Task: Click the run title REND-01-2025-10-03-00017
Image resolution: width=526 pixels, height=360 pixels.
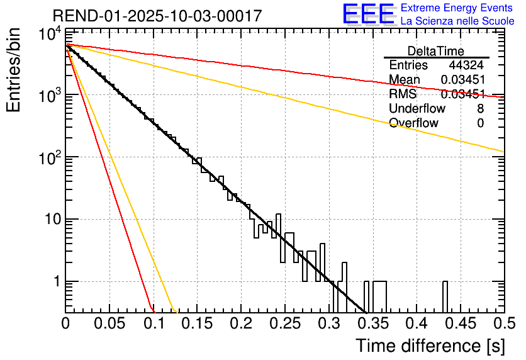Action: click(x=157, y=16)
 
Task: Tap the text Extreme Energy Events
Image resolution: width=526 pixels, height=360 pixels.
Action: click(x=457, y=8)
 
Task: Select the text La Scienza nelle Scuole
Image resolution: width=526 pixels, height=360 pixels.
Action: click(x=457, y=21)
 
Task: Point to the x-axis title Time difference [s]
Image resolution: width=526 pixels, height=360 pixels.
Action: click(x=429, y=346)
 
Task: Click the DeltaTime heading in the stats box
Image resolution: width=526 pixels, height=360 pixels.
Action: click(x=435, y=51)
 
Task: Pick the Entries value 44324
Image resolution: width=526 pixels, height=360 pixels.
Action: click(x=466, y=65)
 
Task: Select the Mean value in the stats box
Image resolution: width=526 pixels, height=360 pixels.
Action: click(x=462, y=80)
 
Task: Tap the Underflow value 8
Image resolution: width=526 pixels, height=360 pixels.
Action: click(x=480, y=109)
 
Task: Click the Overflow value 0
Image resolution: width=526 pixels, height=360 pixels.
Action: click(x=480, y=123)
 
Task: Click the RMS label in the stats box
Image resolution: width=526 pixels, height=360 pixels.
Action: click(x=403, y=94)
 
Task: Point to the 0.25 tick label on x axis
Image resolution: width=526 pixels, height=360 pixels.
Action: click(x=284, y=323)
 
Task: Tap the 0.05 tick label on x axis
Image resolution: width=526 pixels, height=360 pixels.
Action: click(x=109, y=323)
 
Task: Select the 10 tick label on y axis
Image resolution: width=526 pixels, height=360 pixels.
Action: click(x=48, y=220)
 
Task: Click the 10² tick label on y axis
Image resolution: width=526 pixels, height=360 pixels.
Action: click(x=47, y=157)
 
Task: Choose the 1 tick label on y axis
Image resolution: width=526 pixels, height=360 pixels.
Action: click(x=54, y=282)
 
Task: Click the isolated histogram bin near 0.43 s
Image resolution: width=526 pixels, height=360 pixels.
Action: click(x=445, y=296)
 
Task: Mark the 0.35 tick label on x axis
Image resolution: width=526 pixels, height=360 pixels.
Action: click(x=371, y=323)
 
